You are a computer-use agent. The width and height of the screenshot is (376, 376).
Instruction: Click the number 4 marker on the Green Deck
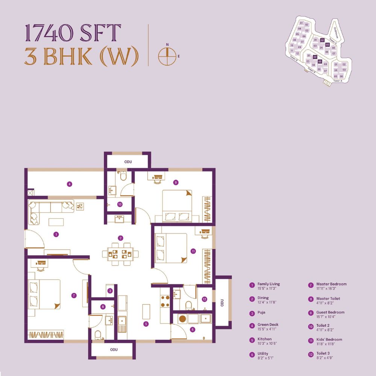(x=69, y=184)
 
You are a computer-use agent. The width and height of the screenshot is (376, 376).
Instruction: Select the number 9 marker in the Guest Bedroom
(x=175, y=182)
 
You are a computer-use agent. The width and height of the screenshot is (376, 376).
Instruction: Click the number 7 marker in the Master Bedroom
(x=74, y=296)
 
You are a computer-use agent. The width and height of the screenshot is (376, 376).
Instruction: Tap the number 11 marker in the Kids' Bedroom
(x=193, y=251)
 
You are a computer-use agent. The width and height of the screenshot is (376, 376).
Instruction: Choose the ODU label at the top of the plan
(x=128, y=162)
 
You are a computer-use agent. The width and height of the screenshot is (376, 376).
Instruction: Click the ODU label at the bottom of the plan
(x=114, y=350)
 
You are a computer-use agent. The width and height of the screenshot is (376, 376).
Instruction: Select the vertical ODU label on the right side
(x=223, y=302)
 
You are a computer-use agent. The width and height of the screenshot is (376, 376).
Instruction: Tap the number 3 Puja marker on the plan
(x=110, y=291)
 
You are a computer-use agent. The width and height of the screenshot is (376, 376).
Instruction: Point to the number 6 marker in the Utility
(x=193, y=330)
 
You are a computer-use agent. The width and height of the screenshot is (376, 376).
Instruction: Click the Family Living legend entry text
(x=268, y=284)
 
